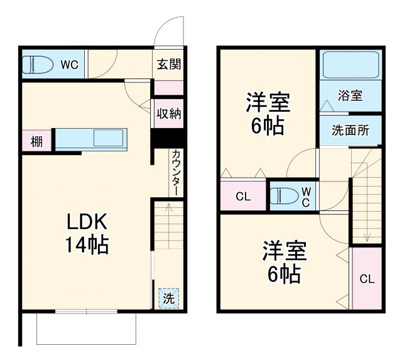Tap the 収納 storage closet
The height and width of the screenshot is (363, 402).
click(169, 113)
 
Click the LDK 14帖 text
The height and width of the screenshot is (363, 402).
click(87, 232)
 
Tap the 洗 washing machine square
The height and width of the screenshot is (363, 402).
click(168, 298)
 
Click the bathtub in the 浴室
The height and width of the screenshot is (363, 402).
click(350, 65)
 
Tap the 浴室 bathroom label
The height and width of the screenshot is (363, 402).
click(350, 95)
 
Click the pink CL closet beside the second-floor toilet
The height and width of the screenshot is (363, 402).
click(243, 197)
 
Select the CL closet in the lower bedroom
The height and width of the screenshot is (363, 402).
click(367, 278)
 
